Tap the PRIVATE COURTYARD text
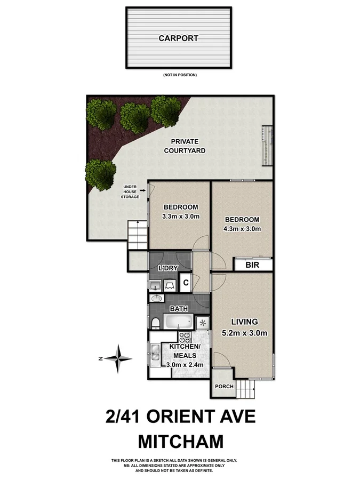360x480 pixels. (185, 146)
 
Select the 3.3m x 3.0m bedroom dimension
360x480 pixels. (181, 216)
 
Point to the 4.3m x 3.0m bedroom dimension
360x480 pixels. (242, 229)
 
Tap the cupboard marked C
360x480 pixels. (186, 283)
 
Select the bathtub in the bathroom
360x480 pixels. (179, 322)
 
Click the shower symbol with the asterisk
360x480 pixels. (203, 322)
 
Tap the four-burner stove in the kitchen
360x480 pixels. (185, 338)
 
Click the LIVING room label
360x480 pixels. (244, 322)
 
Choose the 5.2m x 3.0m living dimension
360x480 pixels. (245, 333)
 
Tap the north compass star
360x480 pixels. (119, 359)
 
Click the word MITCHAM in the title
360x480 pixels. (180, 442)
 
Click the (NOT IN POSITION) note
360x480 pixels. (180, 75)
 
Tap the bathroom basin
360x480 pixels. (157, 298)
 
